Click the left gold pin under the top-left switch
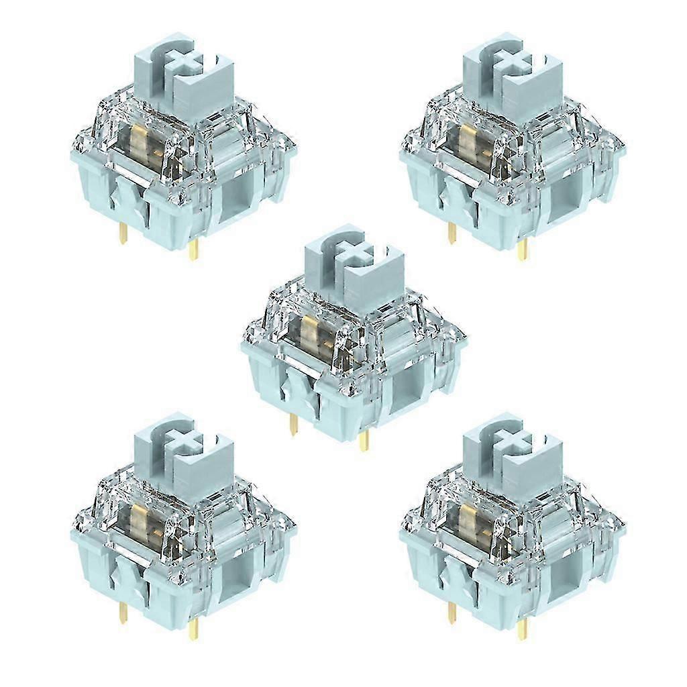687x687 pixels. point(123,233)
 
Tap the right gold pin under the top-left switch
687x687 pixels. point(193,250)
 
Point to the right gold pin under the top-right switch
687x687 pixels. point(522,250)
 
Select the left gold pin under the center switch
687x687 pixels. point(293,424)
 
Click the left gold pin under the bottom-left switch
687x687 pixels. point(123,613)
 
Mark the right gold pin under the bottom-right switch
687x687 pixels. point(522,629)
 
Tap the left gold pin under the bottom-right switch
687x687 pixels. point(452,613)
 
